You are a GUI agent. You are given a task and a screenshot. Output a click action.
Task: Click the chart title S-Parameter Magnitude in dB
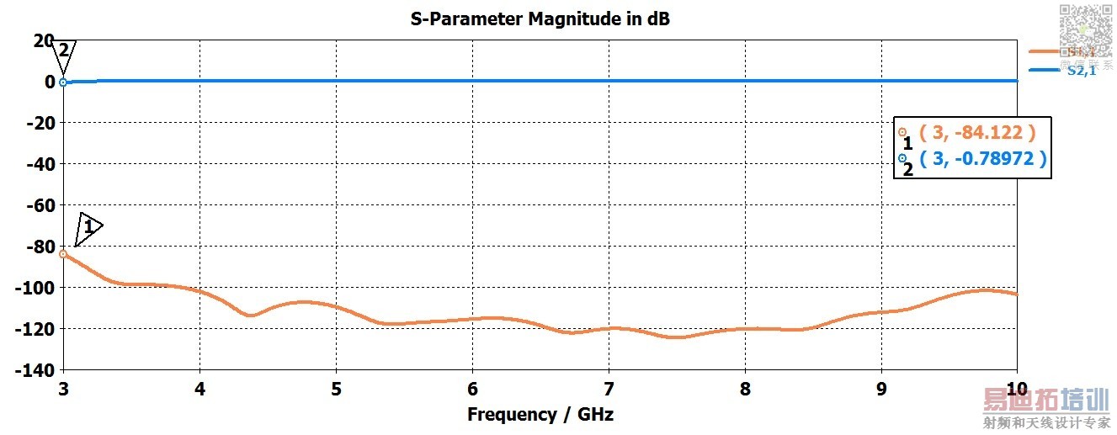click(540, 19)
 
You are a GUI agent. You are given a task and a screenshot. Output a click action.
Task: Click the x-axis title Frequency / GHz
click(540, 414)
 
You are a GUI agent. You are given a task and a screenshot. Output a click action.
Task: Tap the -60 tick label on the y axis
click(37, 205)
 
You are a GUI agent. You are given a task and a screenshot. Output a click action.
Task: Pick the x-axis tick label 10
click(1017, 390)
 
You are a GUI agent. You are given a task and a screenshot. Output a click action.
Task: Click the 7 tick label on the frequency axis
click(609, 390)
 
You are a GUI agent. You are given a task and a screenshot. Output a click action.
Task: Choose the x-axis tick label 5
click(336, 390)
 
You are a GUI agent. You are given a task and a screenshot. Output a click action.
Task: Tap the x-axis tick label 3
click(63, 390)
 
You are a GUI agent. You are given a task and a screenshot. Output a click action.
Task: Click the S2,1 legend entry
click(1081, 72)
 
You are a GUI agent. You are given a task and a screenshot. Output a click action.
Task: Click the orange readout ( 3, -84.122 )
click(976, 132)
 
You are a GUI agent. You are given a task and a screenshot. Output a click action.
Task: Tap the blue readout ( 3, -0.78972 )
click(983, 158)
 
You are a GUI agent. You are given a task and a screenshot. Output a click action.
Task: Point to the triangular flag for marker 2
click(63, 53)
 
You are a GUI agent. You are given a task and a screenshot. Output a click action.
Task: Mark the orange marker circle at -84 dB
click(63, 253)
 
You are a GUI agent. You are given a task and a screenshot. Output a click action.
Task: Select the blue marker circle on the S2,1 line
click(63, 82)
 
